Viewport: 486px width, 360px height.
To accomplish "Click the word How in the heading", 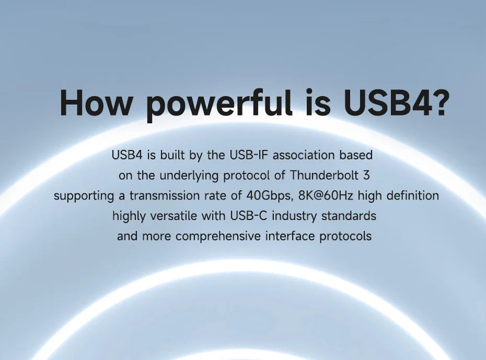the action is click(96, 102).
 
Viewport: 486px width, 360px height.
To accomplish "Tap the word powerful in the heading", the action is click(219, 104).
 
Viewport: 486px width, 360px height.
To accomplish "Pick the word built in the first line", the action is click(172, 155).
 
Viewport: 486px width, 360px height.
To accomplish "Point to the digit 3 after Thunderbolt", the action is click(366, 176).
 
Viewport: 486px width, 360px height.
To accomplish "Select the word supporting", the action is click(84, 196).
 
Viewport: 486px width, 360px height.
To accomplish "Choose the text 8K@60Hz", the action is click(326, 196).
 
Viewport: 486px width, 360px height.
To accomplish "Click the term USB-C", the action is click(248, 216).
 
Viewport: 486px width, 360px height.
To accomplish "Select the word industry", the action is click(294, 216).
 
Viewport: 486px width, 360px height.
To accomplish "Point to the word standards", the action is click(349, 216).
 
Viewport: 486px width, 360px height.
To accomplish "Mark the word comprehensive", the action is click(218, 237).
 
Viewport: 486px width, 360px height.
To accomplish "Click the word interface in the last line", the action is click(290, 236).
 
